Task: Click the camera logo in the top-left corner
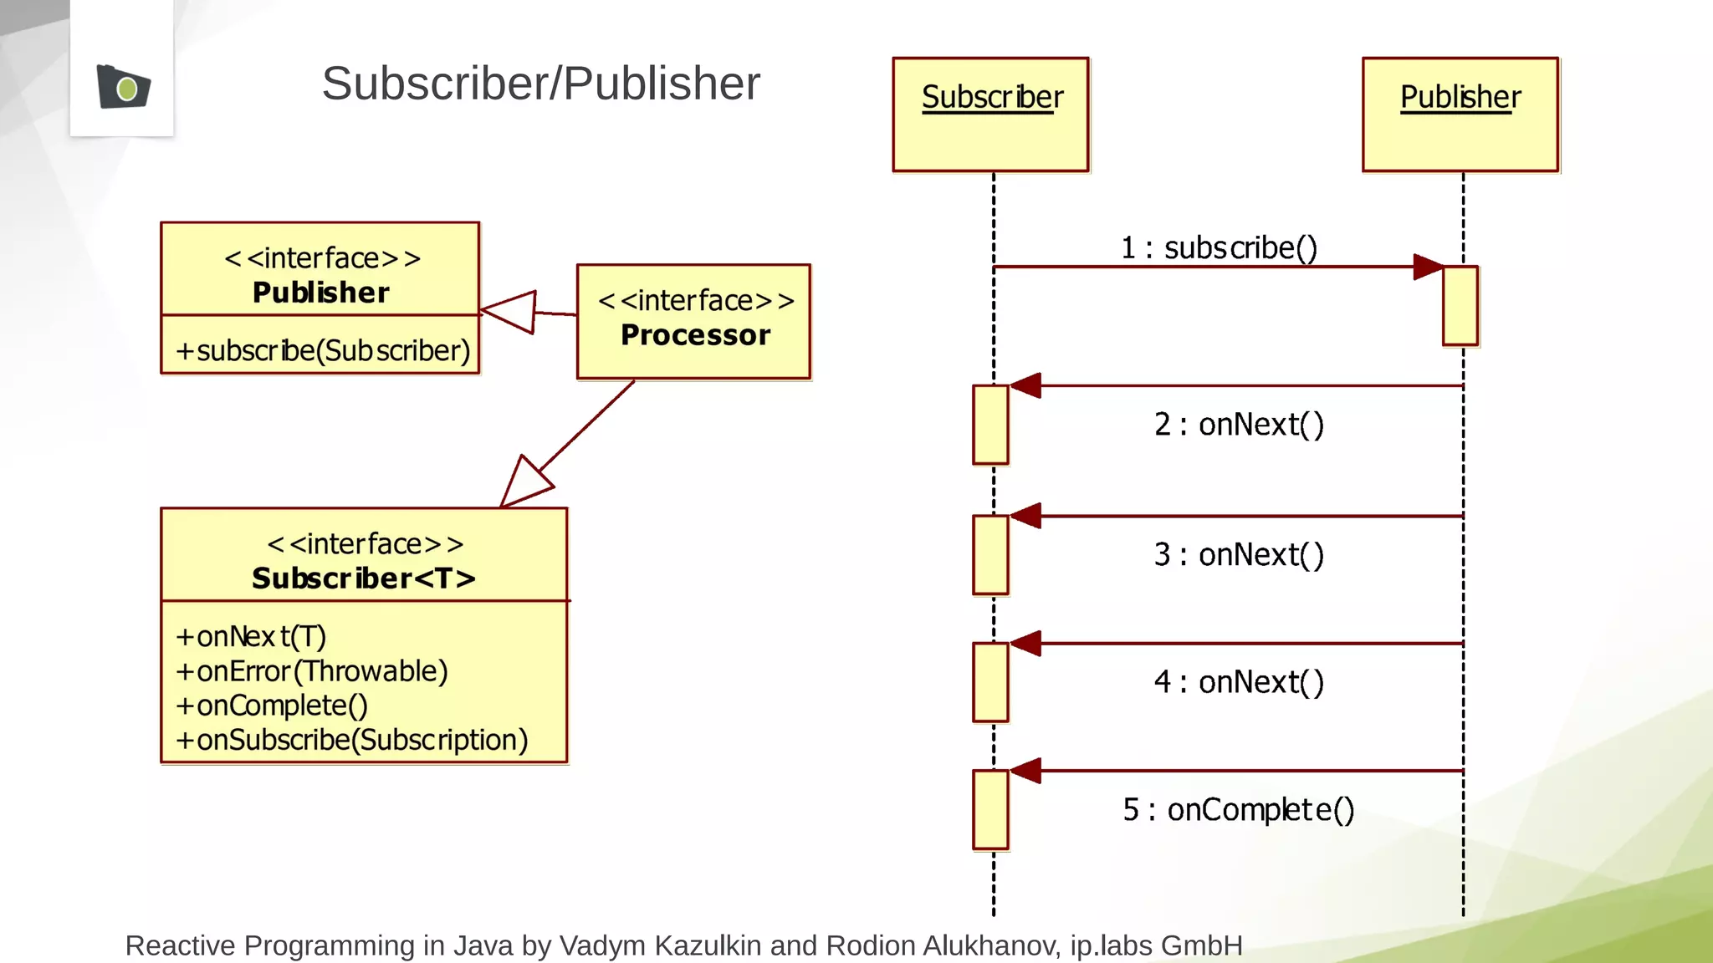(123, 86)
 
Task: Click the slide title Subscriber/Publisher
(540, 84)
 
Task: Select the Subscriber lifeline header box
(991, 115)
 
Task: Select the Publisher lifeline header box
(1460, 115)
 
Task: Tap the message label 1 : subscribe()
(1219, 247)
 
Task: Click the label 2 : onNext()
(1239, 425)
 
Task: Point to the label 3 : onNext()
(1239, 554)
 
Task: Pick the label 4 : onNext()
(1239, 682)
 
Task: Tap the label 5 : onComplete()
(1238, 809)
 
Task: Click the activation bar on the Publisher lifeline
(1460, 306)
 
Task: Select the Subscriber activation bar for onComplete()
(990, 809)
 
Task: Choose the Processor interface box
(694, 322)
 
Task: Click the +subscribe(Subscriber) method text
(323, 350)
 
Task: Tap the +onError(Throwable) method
(312, 671)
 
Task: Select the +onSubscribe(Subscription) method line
(352, 740)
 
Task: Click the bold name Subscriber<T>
(363, 578)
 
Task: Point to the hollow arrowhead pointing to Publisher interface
(511, 312)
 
